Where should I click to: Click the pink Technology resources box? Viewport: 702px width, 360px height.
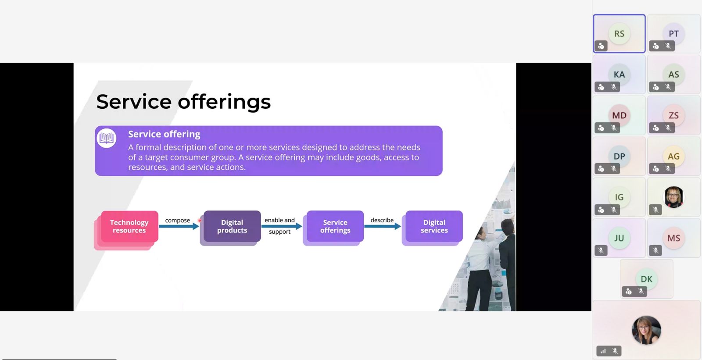click(x=129, y=226)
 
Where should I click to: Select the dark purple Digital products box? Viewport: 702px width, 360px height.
click(x=232, y=226)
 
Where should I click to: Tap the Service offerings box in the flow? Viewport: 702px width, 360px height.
click(x=335, y=226)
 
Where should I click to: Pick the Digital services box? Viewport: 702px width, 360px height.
click(x=434, y=226)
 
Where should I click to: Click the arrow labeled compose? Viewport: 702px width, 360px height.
click(x=179, y=226)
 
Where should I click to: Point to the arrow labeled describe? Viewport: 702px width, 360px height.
click(x=383, y=226)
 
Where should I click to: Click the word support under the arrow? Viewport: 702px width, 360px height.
click(x=279, y=232)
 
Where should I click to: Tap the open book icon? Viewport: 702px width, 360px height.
click(x=107, y=138)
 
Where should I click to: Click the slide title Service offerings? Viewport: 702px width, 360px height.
click(x=183, y=102)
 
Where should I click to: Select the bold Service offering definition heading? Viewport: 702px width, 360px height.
click(x=164, y=134)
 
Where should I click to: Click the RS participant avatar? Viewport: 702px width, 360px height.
click(x=619, y=33)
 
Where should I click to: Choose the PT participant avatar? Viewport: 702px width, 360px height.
click(x=673, y=33)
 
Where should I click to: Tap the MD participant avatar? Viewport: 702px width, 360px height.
click(x=619, y=115)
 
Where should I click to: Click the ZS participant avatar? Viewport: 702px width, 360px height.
click(x=673, y=115)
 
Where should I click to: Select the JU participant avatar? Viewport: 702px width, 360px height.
click(x=619, y=238)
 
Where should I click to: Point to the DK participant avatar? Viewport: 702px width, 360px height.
click(x=646, y=279)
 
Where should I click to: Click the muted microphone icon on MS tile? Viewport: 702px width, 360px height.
click(x=655, y=250)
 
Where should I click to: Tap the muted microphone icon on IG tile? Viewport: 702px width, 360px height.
click(x=614, y=210)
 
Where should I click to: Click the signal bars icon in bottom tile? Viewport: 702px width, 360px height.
click(x=603, y=351)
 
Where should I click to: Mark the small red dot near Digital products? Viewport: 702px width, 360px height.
click(x=199, y=221)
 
